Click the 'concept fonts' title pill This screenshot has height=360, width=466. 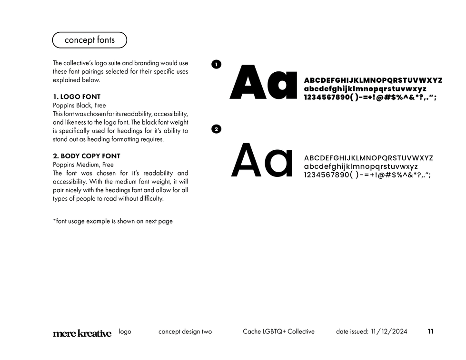(89, 40)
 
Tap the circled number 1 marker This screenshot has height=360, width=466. (216, 64)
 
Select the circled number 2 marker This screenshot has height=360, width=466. (216, 129)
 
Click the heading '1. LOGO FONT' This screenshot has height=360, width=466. (77, 97)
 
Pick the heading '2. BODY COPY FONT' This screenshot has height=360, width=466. (87, 156)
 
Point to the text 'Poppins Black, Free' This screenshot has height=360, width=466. (79, 105)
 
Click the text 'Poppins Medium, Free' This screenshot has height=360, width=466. (83, 165)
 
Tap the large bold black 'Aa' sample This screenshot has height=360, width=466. (263, 83)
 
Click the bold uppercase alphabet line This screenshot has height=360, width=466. (373, 80)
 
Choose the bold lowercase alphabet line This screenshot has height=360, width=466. (365, 89)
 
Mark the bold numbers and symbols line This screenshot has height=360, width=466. (370, 97)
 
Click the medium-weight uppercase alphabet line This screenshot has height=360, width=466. (368, 158)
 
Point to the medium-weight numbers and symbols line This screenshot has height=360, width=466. (367, 175)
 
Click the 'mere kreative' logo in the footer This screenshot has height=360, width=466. (82, 333)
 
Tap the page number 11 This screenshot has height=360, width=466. (430, 331)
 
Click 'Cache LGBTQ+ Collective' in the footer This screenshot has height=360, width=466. (278, 331)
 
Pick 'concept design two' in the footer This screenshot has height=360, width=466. (185, 331)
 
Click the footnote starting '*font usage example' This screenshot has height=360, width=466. (113, 221)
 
